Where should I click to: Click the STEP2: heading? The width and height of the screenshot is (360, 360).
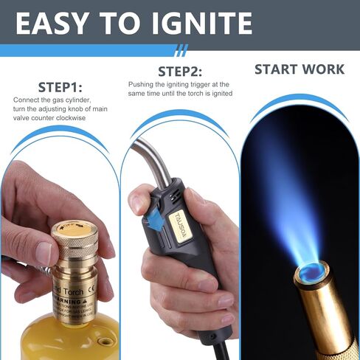pos(179,72)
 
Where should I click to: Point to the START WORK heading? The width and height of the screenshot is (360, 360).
pos(299,69)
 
